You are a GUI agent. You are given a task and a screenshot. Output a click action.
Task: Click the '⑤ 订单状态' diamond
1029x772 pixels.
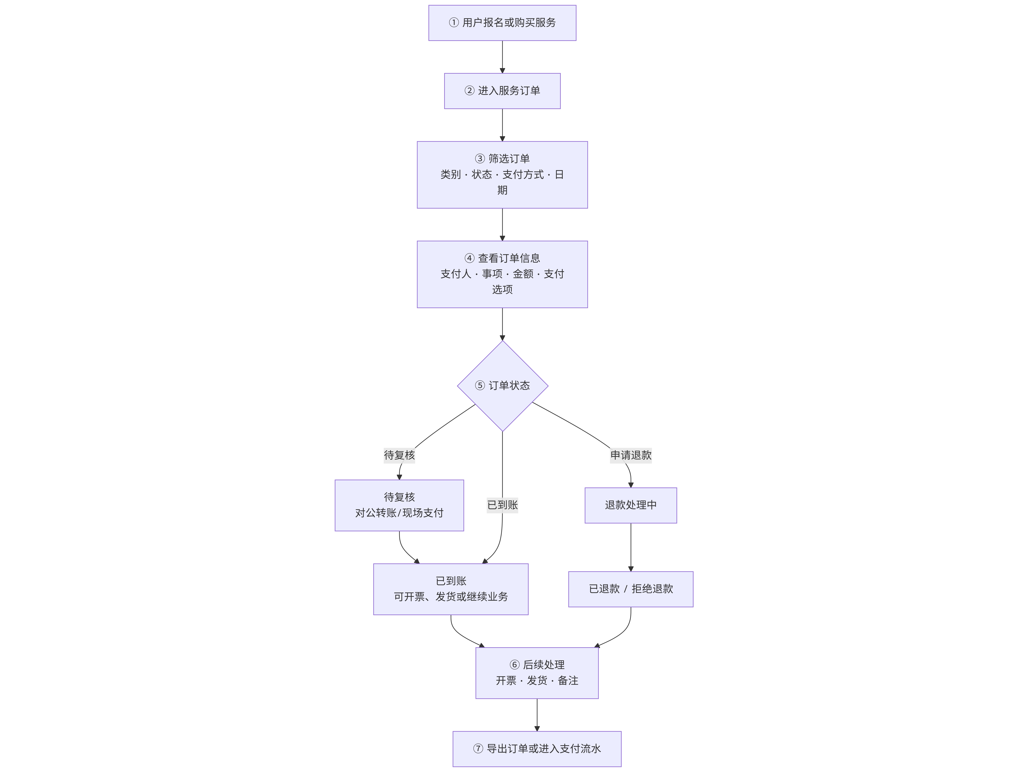pyautogui.click(x=502, y=386)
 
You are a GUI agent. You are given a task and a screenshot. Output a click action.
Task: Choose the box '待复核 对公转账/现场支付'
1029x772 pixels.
pyautogui.click(x=399, y=505)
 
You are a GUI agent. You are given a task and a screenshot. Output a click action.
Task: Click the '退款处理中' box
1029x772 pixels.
pyautogui.click(x=631, y=505)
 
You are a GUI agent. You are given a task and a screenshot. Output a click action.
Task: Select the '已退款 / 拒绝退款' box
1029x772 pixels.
pyautogui.click(x=631, y=589)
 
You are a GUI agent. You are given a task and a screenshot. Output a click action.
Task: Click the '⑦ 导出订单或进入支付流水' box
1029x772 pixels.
pyautogui.click(x=537, y=749)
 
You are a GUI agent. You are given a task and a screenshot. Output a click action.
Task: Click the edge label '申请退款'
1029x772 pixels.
pyautogui.click(x=631, y=455)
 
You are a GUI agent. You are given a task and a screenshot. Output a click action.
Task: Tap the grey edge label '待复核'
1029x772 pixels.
pyautogui.click(x=399, y=455)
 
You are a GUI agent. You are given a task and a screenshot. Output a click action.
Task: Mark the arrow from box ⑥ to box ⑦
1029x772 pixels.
pyautogui.click(x=537, y=715)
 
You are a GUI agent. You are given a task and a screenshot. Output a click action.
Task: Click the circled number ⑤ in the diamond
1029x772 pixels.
pyautogui.click(x=480, y=386)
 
